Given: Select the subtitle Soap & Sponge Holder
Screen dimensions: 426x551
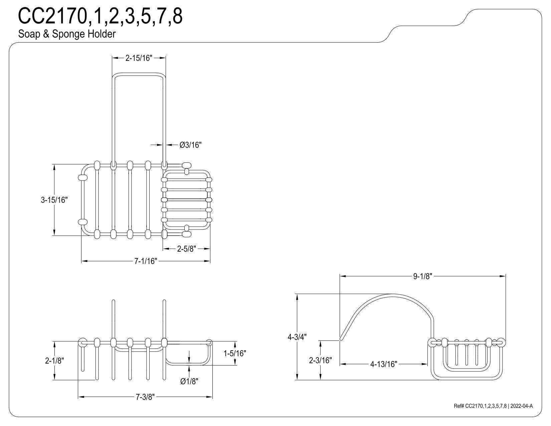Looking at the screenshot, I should (67, 34).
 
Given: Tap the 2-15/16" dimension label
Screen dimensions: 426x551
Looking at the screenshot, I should (139, 58).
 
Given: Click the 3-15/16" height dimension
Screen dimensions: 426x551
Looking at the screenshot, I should (54, 200).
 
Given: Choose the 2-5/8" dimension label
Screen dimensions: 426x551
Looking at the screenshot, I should (186, 249).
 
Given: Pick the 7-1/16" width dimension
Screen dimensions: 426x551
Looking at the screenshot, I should (146, 261).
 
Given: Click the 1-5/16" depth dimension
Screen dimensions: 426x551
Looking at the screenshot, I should (235, 353).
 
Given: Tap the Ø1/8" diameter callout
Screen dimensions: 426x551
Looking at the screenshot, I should (189, 381).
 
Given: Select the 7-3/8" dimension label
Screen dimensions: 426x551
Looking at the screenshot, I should (145, 397).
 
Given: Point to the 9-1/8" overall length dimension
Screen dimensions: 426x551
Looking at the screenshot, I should (422, 276).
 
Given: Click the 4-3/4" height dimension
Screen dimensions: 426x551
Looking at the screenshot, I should (297, 337).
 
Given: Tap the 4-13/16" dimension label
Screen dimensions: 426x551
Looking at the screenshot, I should (383, 364).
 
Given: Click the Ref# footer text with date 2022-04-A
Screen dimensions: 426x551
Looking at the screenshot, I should (493, 406).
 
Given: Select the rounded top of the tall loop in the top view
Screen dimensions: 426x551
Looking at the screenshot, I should (139, 74).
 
